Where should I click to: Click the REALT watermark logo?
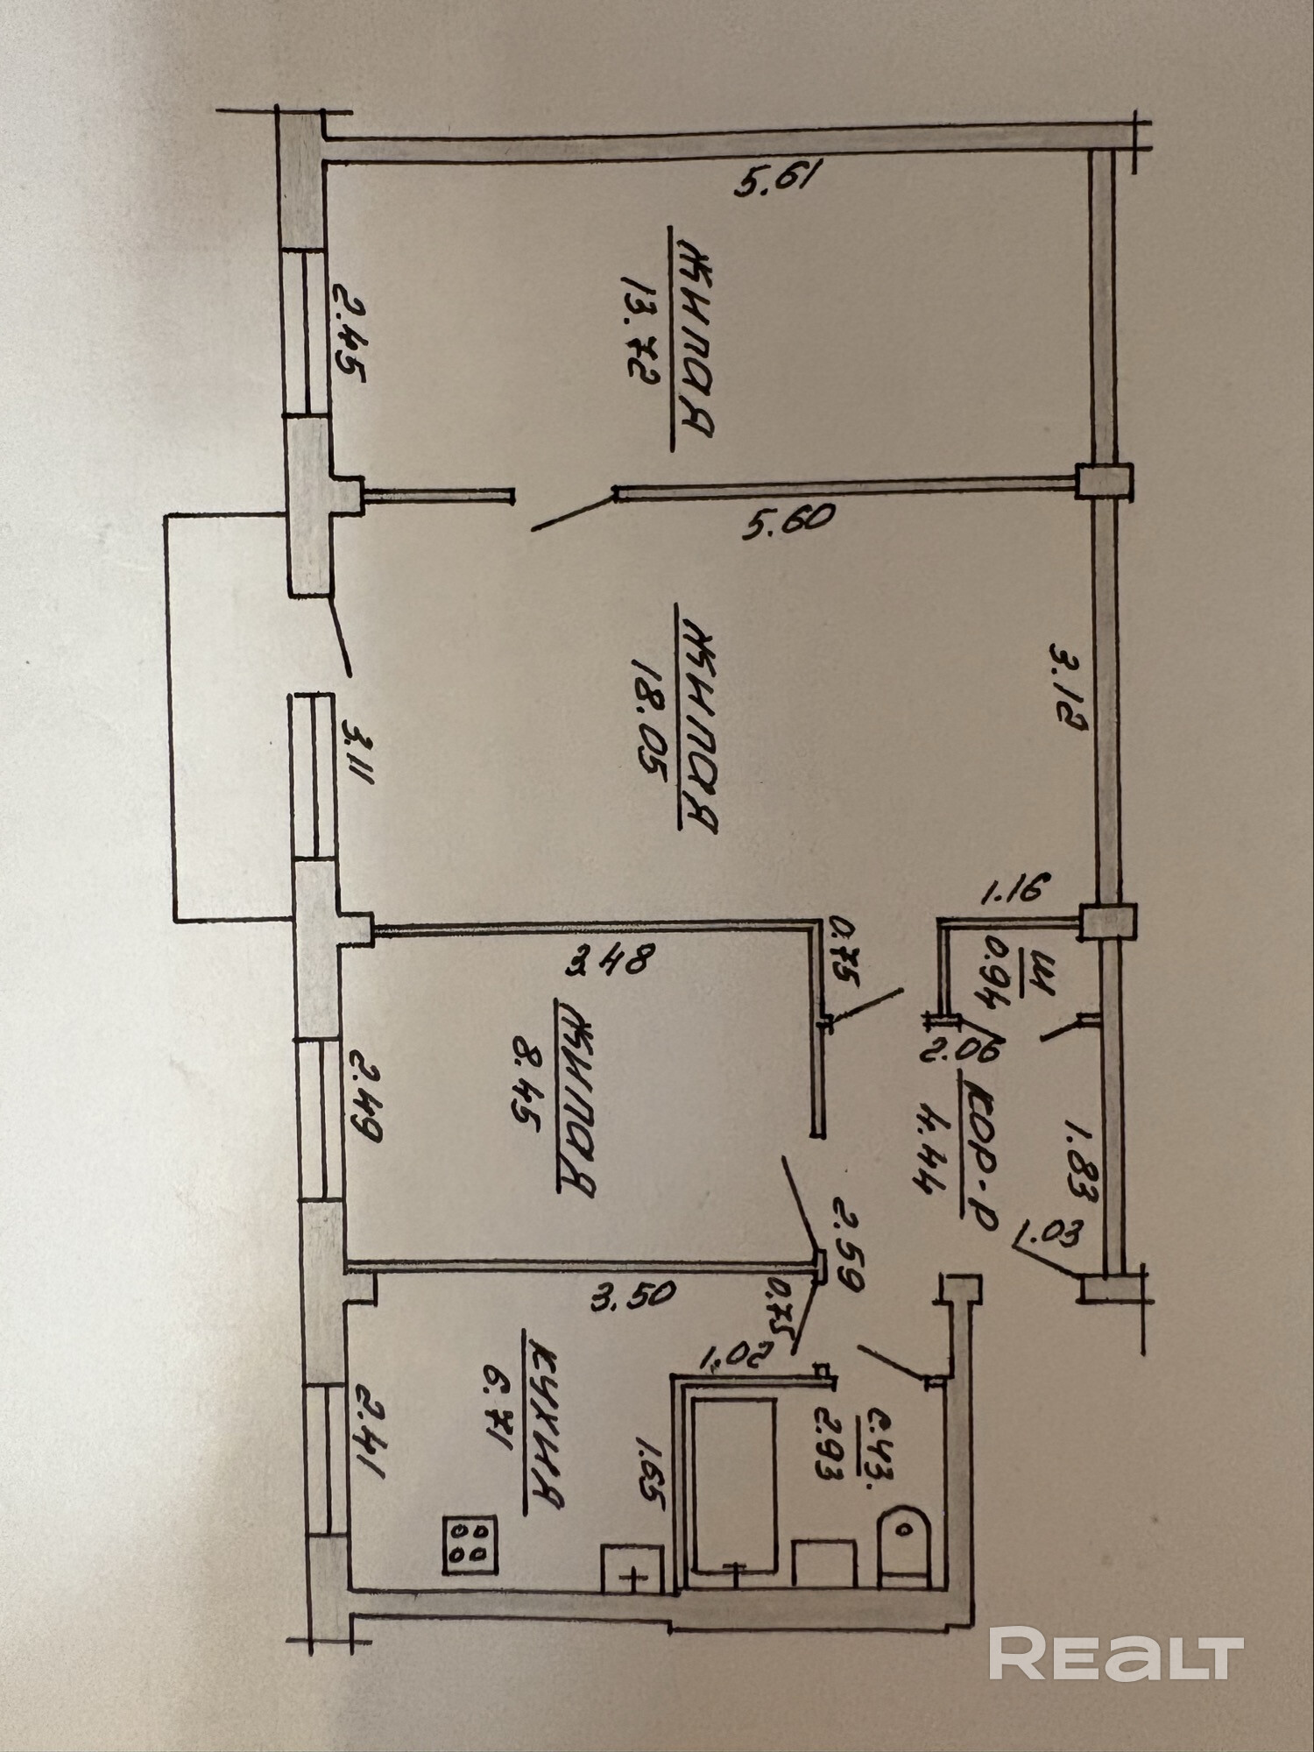tap(1116, 1652)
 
